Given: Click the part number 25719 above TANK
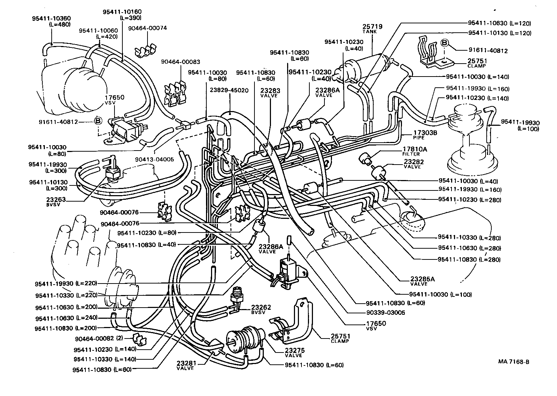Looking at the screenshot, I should click(372, 27).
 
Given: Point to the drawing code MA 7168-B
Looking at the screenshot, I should click(513, 362).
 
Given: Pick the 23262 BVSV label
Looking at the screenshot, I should click(261, 310).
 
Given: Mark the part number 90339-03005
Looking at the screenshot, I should click(385, 313).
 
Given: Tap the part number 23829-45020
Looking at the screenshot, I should click(229, 90).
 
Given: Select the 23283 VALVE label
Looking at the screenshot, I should click(271, 93).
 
